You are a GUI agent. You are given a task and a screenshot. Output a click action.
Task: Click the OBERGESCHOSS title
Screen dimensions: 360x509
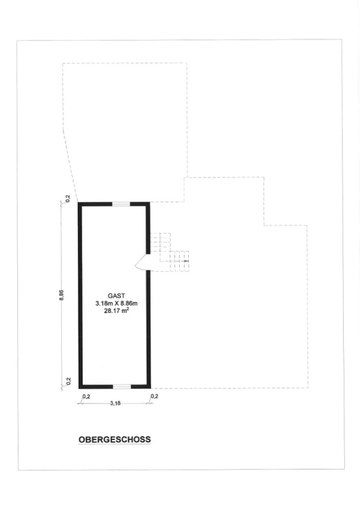[114, 439]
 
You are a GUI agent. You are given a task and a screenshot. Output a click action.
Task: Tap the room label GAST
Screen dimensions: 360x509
[116, 296]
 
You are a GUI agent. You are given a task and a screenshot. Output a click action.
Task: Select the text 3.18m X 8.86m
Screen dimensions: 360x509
[116, 303]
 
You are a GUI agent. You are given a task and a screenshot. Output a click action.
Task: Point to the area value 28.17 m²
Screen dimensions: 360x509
[116, 311]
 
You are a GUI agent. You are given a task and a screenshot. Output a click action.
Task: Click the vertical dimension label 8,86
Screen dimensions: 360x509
[62, 295]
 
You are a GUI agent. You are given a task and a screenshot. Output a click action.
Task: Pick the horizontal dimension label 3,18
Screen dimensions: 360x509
[115, 404]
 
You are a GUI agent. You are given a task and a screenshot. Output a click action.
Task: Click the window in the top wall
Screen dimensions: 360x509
[121, 204]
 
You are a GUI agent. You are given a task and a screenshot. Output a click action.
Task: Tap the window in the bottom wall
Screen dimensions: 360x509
[122, 386]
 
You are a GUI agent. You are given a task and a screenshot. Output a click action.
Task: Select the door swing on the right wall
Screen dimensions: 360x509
[141, 262]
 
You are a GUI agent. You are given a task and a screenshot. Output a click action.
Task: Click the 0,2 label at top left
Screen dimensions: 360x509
[68, 199]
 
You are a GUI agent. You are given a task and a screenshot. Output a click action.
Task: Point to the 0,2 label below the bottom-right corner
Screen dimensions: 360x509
[154, 396]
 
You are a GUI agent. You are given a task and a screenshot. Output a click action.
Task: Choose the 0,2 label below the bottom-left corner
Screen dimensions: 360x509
[87, 396]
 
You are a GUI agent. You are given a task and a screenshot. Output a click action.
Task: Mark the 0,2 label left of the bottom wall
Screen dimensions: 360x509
[68, 381]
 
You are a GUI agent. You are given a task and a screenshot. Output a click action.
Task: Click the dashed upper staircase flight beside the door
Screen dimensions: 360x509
[160, 242]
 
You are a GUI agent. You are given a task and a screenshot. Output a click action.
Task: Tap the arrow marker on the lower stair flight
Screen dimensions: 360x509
[186, 261]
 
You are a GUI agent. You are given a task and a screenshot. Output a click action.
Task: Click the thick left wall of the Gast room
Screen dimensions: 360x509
[80, 295]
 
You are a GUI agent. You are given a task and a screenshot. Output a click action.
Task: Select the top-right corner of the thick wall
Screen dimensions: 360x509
[150, 202]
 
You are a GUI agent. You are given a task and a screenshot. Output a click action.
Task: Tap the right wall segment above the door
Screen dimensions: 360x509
[148, 228]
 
